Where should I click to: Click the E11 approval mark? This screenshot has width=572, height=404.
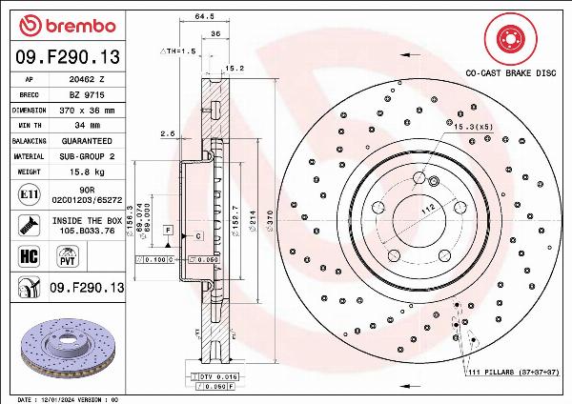coord(28,194)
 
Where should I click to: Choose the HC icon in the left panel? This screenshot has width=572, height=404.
coord(28,255)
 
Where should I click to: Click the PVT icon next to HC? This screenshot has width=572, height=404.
coord(68,255)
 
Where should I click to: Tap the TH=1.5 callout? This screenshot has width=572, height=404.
coord(177,50)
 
